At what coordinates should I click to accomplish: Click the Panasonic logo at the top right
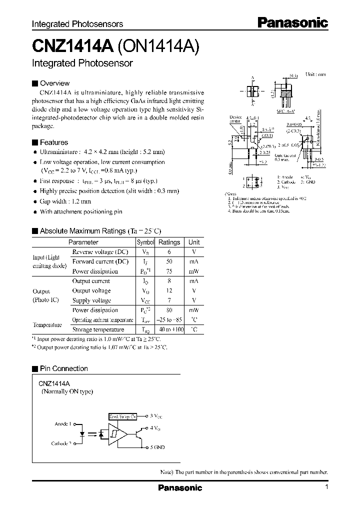[292, 22]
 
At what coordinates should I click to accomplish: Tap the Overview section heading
[54, 83]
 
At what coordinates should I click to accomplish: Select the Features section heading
[54, 142]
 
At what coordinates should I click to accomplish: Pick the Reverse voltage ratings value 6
[169, 252]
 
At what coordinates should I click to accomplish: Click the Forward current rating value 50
[169, 261]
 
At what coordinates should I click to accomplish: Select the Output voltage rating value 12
[169, 290]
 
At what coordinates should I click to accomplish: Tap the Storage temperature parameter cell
[98, 329]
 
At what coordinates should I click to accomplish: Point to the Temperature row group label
[47, 324]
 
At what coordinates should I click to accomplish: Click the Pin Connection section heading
[63, 368]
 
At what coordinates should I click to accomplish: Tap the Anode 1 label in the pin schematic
[63, 424]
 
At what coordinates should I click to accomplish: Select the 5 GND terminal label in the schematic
[156, 447]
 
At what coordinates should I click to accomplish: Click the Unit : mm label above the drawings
[315, 74]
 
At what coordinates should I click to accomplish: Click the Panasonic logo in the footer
[180, 488]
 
